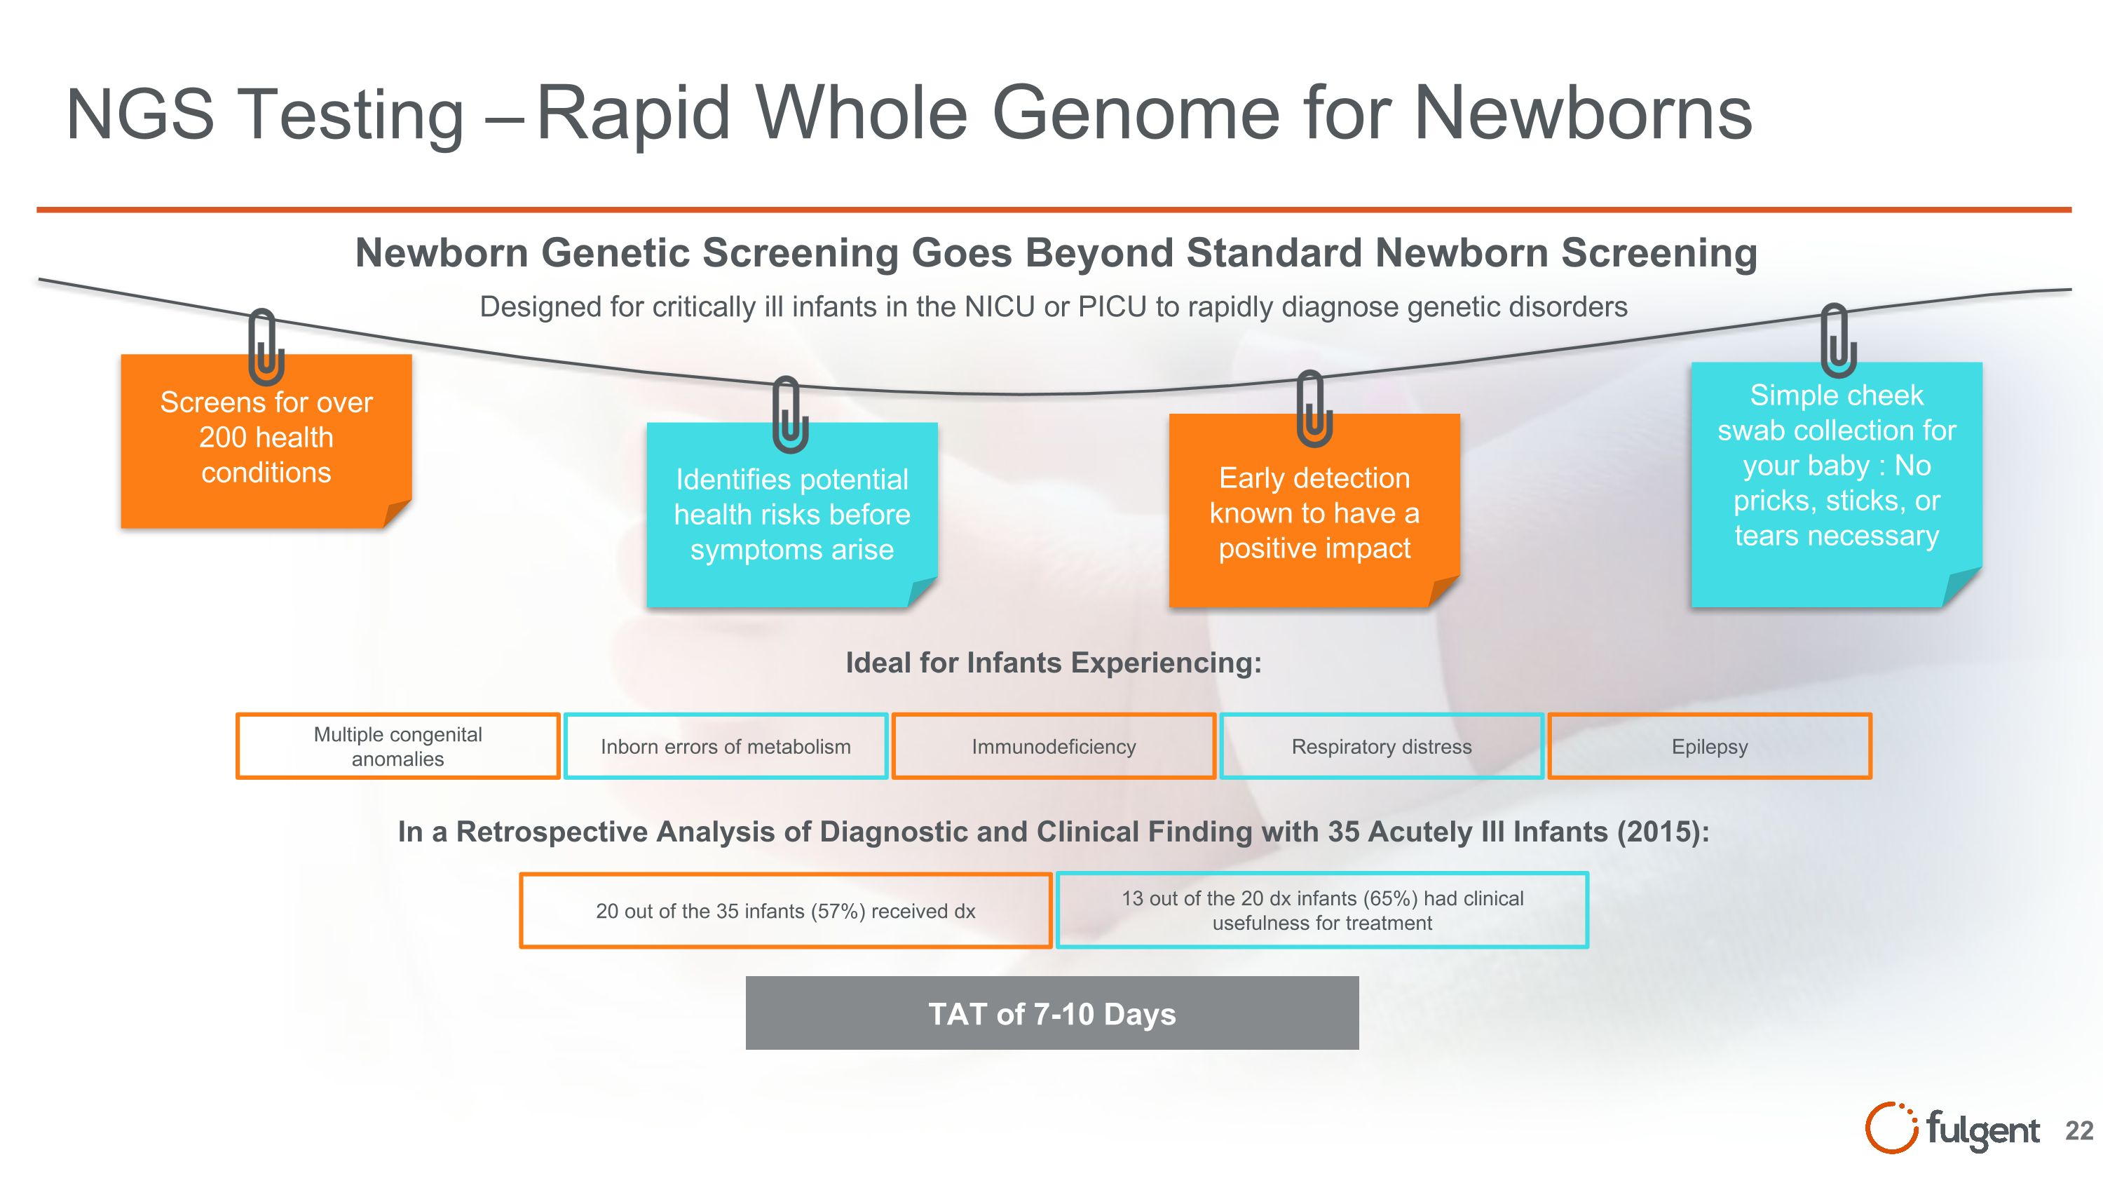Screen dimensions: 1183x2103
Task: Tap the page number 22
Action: point(2078,1130)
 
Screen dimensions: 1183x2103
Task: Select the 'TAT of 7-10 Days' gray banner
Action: point(1051,1013)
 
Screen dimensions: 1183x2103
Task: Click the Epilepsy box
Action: point(1710,746)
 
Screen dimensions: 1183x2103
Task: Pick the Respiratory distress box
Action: point(1381,746)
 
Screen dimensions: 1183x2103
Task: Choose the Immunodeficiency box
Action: point(1053,746)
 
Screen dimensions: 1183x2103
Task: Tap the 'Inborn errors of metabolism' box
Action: point(725,746)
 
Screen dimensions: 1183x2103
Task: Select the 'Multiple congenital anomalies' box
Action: point(397,746)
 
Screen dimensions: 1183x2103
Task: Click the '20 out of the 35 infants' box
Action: point(785,910)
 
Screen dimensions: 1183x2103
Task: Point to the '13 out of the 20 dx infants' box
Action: point(1321,910)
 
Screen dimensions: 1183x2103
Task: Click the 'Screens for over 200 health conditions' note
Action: point(266,441)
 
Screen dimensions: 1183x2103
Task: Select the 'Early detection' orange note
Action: point(1314,513)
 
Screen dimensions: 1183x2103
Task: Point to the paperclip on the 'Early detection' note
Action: point(1314,408)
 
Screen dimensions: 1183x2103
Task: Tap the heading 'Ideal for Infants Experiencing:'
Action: point(1053,662)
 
